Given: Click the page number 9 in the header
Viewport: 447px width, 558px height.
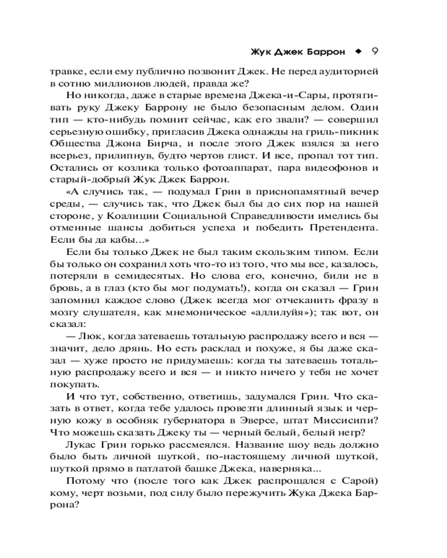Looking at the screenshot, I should pyautogui.click(x=375, y=51).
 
